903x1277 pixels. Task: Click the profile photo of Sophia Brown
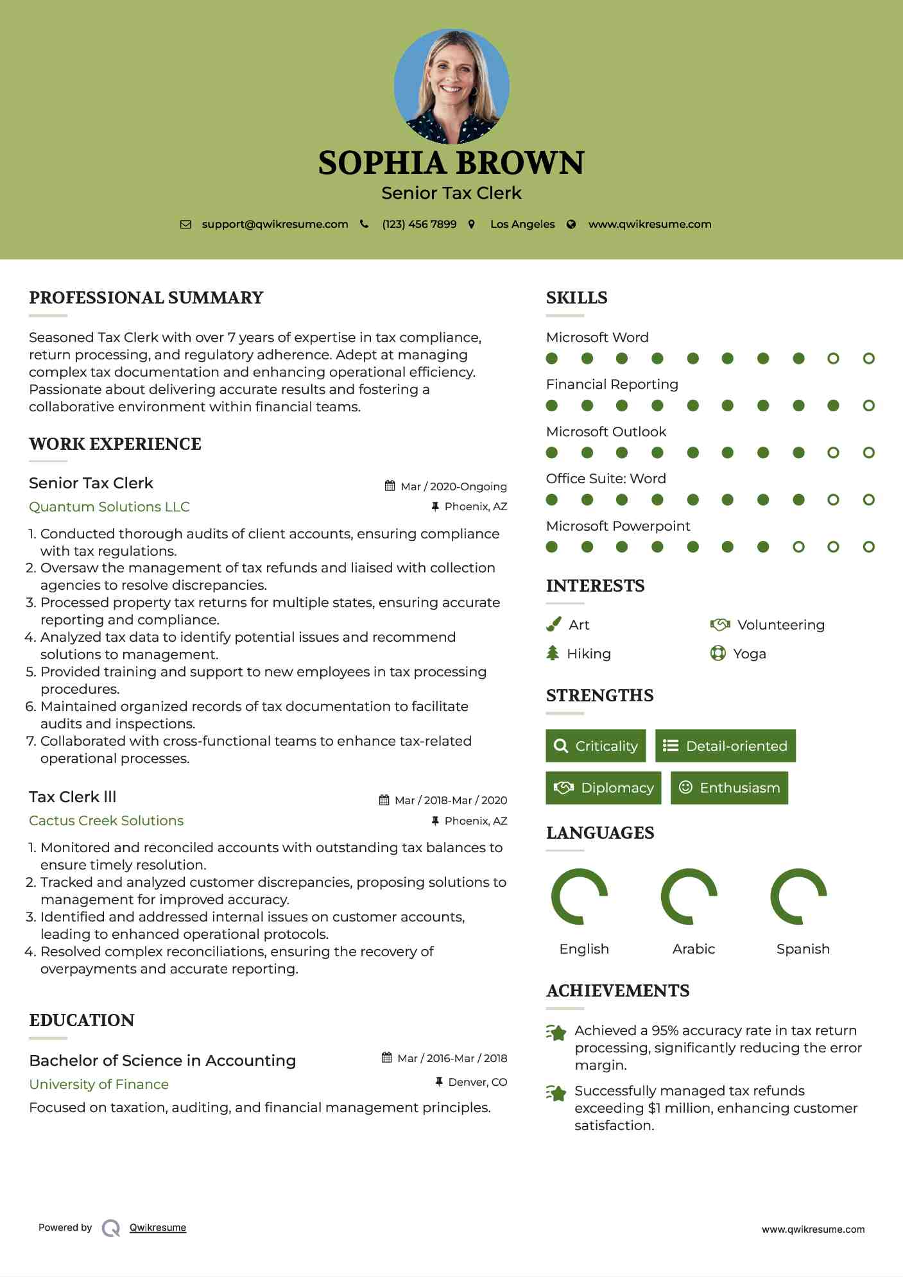pyautogui.click(x=451, y=86)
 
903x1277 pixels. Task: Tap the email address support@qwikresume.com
pyautogui.click(x=275, y=225)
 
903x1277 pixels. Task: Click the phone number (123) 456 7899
pyautogui.click(x=419, y=225)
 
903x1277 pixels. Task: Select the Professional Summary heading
pyautogui.click(x=146, y=298)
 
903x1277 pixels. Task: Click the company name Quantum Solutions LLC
pyautogui.click(x=109, y=507)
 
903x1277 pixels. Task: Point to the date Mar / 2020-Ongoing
pyautogui.click(x=453, y=486)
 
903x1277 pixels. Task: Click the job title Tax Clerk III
pyautogui.click(x=73, y=797)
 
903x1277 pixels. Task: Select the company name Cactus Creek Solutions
pyautogui.click(x=106, y=821)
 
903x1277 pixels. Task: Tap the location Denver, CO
pyautogui.click(x=477, y=1082)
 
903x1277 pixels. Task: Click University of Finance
pyautogui.click(x=99, y=1084)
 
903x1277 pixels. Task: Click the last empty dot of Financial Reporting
pyautogui.click(x=868, y=406)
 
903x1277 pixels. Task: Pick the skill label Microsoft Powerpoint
pyautogui.click(x=617, y=526)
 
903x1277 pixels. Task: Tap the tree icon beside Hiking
pyautogui.click(x=553, y=653)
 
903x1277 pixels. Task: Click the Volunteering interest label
pyautogui.click(x=780, y=625)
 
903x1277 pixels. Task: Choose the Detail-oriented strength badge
pyautogui.click(x=725, y=746)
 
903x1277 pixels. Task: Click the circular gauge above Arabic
pyautogui.click(x=689, y=896)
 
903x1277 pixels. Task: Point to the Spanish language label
pyautogui.click(x=802, y=949)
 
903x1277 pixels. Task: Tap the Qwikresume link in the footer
pyautogui.click(x=158, y=1228)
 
